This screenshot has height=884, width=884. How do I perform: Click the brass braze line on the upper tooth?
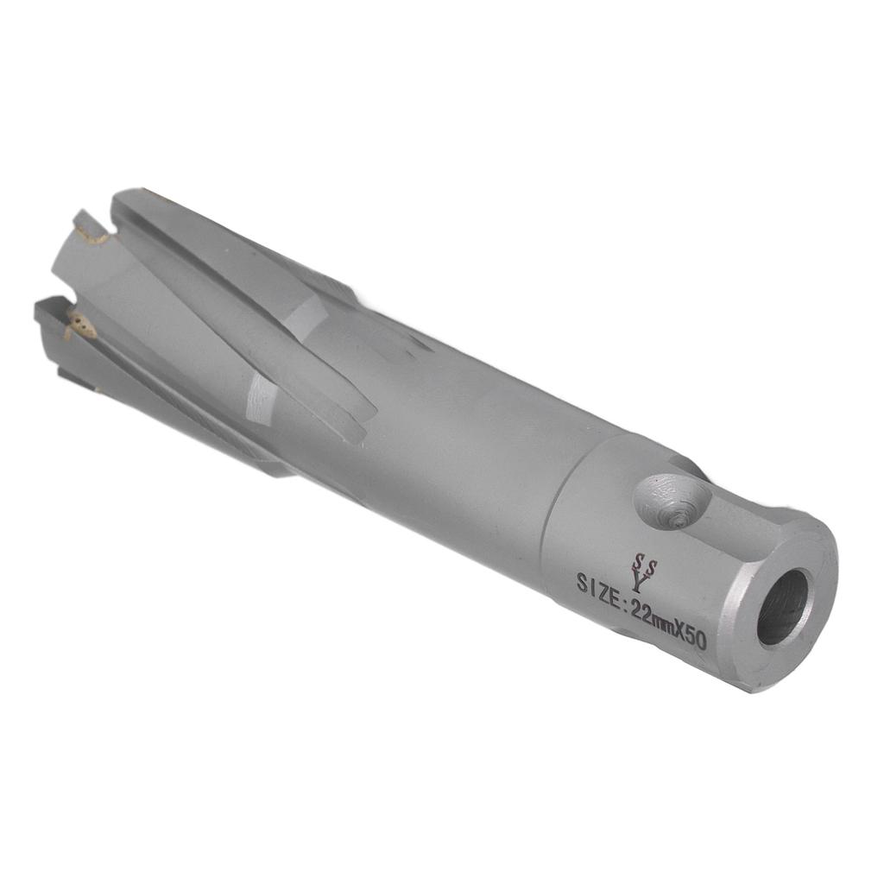tap(91, 231)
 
